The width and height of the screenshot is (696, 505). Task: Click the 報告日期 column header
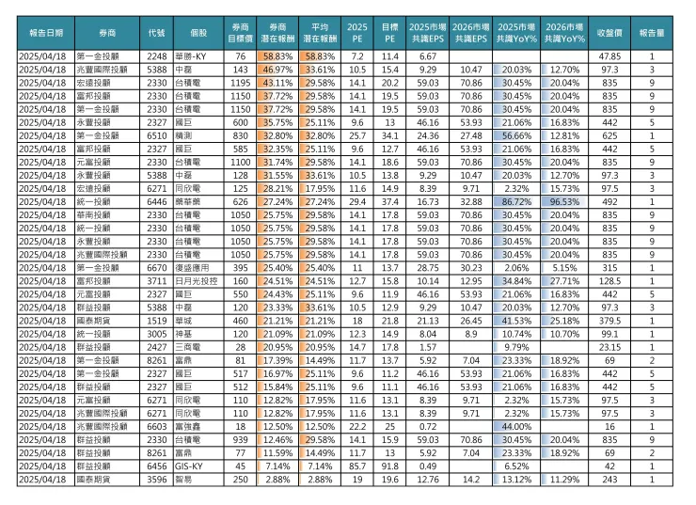(x=46, y=31)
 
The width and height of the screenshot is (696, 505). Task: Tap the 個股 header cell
(x=198, y=31)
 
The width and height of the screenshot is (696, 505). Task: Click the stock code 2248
(x=157, y=57)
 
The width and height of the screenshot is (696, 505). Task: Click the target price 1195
(x=239, y=83)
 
